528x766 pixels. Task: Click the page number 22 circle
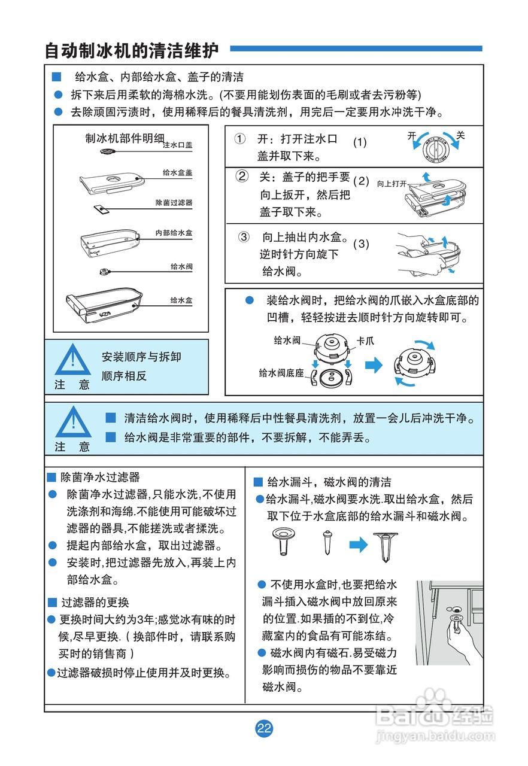pyautogui.click(x=264, y=728)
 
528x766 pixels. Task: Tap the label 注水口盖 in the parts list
pyautogui.click(x=177, y=145)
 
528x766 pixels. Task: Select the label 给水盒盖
pyautogui.click(x=177, y=172)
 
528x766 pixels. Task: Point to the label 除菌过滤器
pyautogui.click(x=174, y=203)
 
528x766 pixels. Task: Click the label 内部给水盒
pyautogui.click(x=174, y=232)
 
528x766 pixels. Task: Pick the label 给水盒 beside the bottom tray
pyautogui.click(x=181, y=300)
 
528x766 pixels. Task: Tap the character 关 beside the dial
pyautogui.click(x=460, y=135)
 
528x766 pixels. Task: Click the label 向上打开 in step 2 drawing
pyautogui.click(x=392, y=184)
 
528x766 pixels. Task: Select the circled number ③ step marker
pyautogui.click(x=243, y=236)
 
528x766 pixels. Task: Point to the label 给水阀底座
pyautogui.click(x=281, y=373)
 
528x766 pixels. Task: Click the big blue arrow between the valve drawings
pyautogui.click(x=374, y=365)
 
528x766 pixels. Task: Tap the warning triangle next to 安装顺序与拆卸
pyautogui.click(x=72, y=360)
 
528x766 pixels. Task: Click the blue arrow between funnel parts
pyautogui.click(x=357, y=544)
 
